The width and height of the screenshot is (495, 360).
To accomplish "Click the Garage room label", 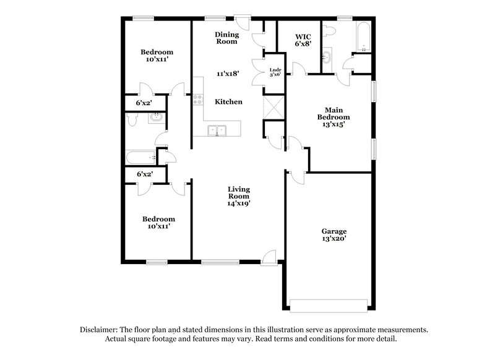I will [x=334, y=231].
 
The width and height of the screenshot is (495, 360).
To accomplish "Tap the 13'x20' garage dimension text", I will [x=334, y=239].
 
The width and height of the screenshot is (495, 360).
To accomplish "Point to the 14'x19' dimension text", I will [x=238, y=202].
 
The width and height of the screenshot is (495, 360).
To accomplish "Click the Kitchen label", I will [x=228, y=101].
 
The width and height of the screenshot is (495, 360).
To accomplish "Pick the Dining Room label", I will [x=226, y=38].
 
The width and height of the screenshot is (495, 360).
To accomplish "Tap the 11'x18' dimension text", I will [x=228, y=73].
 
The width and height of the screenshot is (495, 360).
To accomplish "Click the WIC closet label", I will [x=302, y=36].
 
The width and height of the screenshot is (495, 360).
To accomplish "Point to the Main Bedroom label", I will [x=334, y=113].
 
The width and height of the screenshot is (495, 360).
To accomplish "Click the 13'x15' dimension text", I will [x=334, y=124].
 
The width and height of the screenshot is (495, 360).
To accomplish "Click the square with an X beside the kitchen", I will [x=273, y=107].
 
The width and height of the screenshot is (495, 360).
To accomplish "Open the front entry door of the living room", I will [x=269, y=257].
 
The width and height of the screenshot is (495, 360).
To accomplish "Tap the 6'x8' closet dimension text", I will [x=302, y=44].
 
